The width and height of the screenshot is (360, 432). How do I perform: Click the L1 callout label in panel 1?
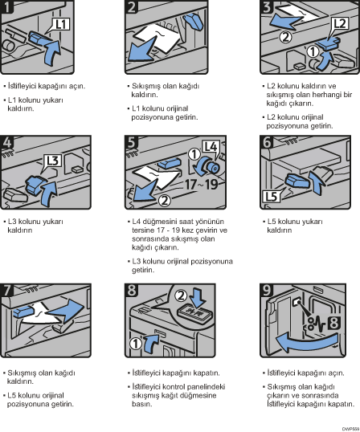click(x=61, y=24)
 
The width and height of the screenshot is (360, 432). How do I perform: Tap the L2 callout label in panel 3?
click(x=340, y=24)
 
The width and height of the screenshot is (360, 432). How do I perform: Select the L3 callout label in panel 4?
click(x=53, y=161)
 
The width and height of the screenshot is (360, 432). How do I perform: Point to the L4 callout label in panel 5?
click(x=211, y=147)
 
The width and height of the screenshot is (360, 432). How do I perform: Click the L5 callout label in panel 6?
click(x=271, y=197)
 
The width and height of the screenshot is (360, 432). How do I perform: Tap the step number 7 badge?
click(x=6, y=290)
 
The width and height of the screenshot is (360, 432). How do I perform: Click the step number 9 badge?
click(x=267, y=290)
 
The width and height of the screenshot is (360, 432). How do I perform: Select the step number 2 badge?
click(x=132, y=6)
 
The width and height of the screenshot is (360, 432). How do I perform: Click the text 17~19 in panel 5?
click(x=201, y=185)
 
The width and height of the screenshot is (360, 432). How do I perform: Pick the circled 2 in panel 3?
click(x=285, y=37)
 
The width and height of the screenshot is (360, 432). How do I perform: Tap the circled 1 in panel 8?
click(x=136, y=344)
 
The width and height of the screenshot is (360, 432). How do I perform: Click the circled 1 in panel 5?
click(x=194, y=154)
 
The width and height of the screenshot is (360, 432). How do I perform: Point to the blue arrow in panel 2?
click(x=142, y=50)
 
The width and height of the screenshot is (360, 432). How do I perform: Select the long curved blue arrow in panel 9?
click(x=306, y=341)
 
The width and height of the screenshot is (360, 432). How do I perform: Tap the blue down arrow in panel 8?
click(x=198, y=298)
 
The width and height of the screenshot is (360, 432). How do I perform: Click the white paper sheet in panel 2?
click(x=160, y=39)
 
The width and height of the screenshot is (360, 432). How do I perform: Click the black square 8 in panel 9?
click(x=333, y=323)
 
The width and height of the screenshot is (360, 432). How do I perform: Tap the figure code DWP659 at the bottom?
click(x=350, y=429)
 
